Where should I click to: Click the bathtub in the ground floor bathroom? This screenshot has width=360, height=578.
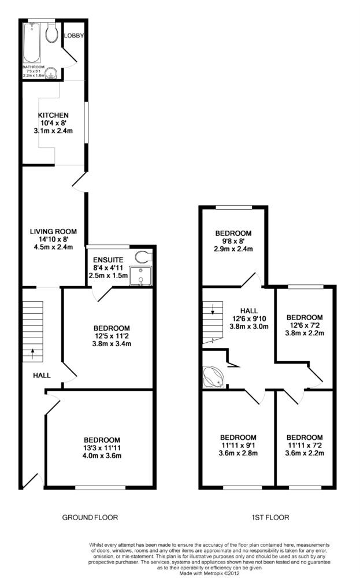pos(31,43)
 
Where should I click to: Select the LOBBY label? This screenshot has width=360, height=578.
pos(74,36)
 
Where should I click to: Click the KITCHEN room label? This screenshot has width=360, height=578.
pos(53,115)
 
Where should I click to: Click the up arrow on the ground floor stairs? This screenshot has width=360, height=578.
pos(32,351)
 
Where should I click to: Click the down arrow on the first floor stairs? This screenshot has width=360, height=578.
pos(213,312)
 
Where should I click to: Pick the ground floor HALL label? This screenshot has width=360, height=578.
pos(41,376)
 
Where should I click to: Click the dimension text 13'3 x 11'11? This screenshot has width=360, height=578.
pos(101,447)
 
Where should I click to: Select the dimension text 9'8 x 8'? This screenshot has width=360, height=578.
pos(233,241)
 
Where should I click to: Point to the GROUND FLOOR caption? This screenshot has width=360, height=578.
pos(90,517)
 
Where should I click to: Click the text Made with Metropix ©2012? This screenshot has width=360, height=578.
pos(209,573)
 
